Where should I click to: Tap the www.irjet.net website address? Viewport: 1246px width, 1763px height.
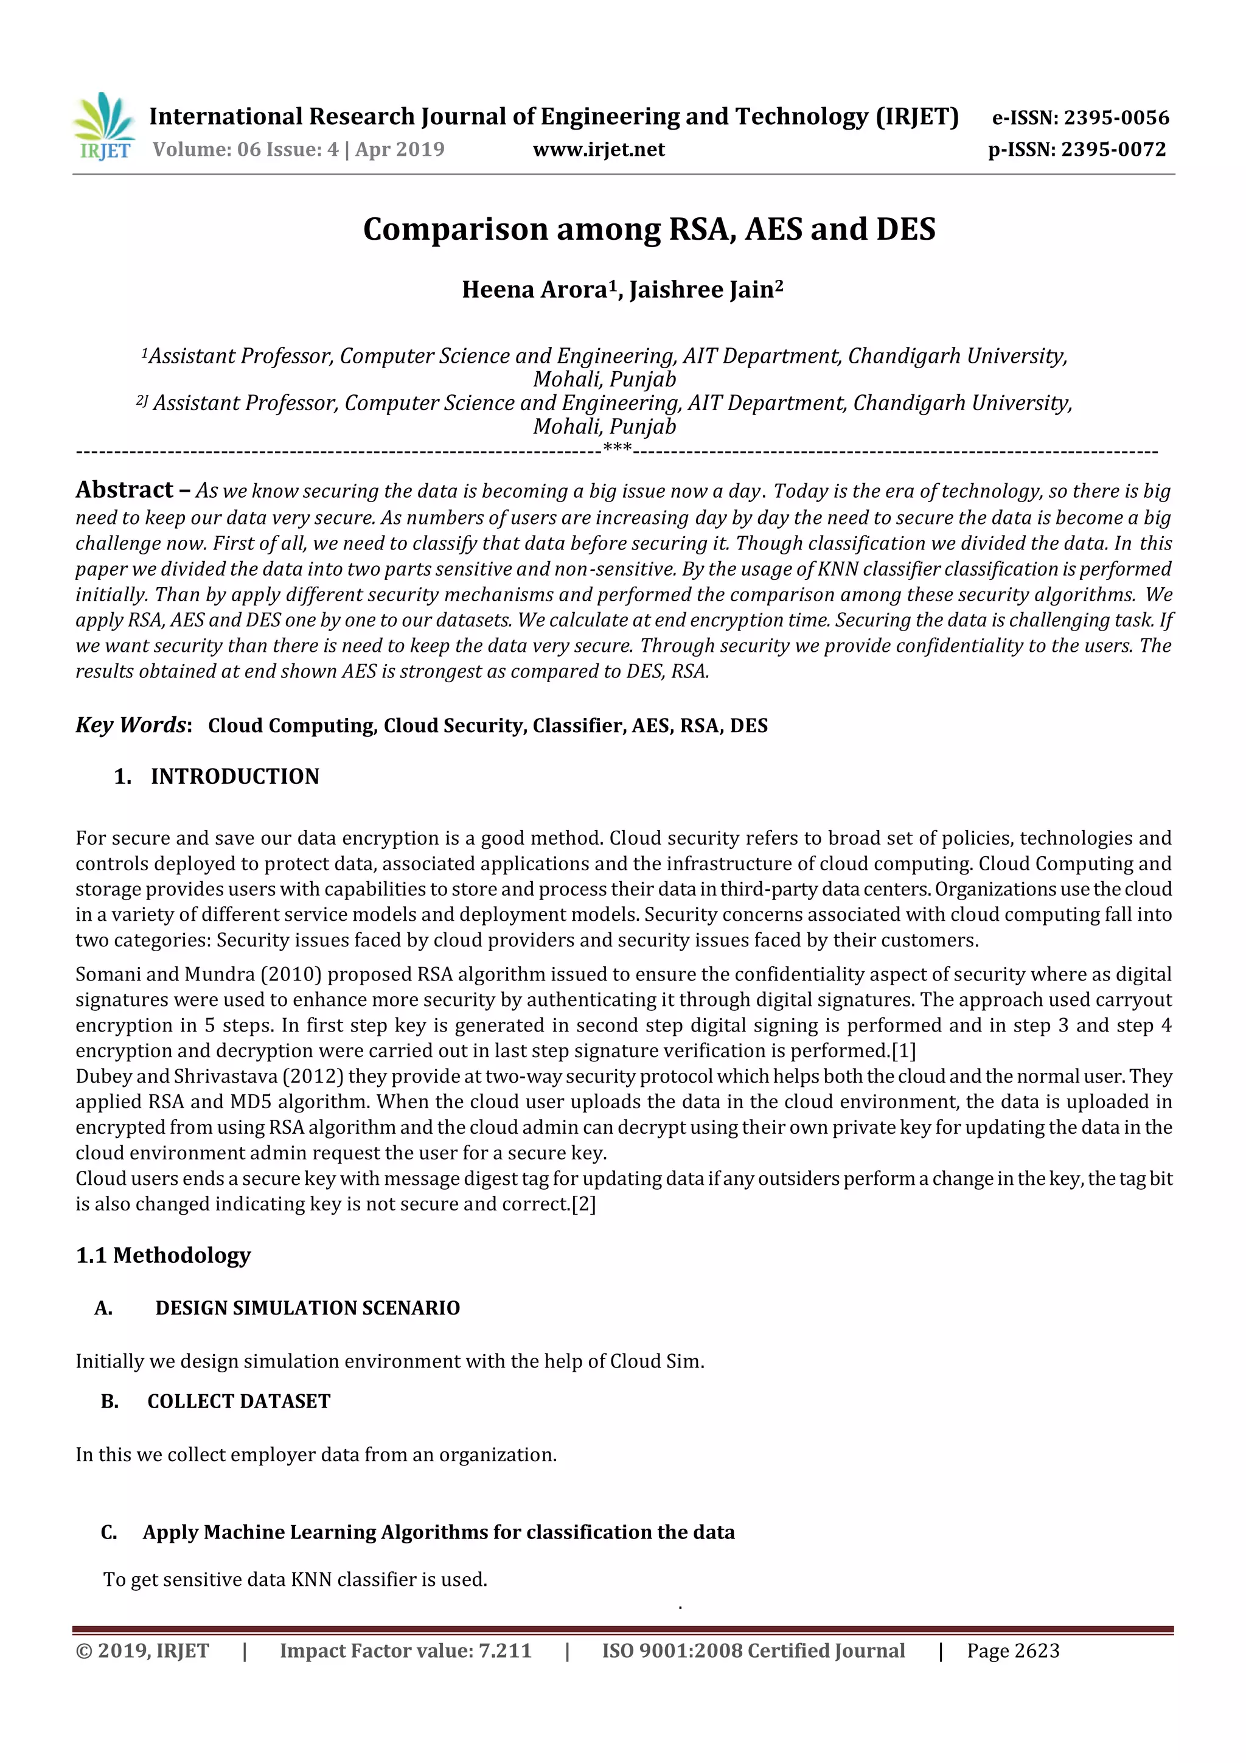pyautogui.click(x=599, y=150)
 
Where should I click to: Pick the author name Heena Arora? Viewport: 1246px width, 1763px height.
pyautogui.click(x=535, y=290)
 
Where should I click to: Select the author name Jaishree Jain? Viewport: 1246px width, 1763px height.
pyautogui.click(x=701, y=290)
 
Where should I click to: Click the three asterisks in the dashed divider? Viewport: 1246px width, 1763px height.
pyautogui.click(x=618, y=448)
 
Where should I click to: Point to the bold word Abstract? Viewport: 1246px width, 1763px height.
pyautogui.click(x=124, y=490)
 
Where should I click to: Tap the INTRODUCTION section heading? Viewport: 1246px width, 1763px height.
pyautogui.click(x=234, y=777)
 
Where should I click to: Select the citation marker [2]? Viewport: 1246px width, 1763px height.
pyautogui.click(x=583, y=1204)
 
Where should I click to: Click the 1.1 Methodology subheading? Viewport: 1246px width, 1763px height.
pyautogui.click(x=163, y=1255)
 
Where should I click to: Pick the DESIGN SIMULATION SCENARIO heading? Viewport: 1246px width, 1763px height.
pyautogui.click(x=307, y=1308)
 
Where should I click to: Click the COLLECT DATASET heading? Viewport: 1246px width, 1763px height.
pyautogui.click(x=238, y=1402)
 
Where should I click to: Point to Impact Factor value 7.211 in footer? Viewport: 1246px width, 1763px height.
pyautogui.click(x=405, y=1651)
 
